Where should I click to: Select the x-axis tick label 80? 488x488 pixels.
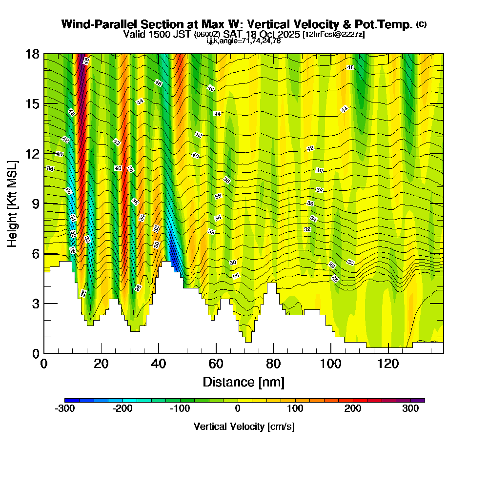point(273,364)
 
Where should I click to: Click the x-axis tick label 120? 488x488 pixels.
point(388,364)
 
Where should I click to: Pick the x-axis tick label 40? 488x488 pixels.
point(159,364)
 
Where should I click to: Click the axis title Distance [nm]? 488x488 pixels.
point(244,382)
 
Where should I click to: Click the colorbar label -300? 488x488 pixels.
point(65,409)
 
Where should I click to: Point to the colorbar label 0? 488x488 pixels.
point(238,409)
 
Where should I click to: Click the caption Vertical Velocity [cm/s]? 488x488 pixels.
point(244,427)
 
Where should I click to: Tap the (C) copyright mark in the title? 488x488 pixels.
point(421,24)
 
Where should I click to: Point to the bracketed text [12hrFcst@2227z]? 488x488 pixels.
point(333,35)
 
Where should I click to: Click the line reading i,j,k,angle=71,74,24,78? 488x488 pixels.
point(244,41)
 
